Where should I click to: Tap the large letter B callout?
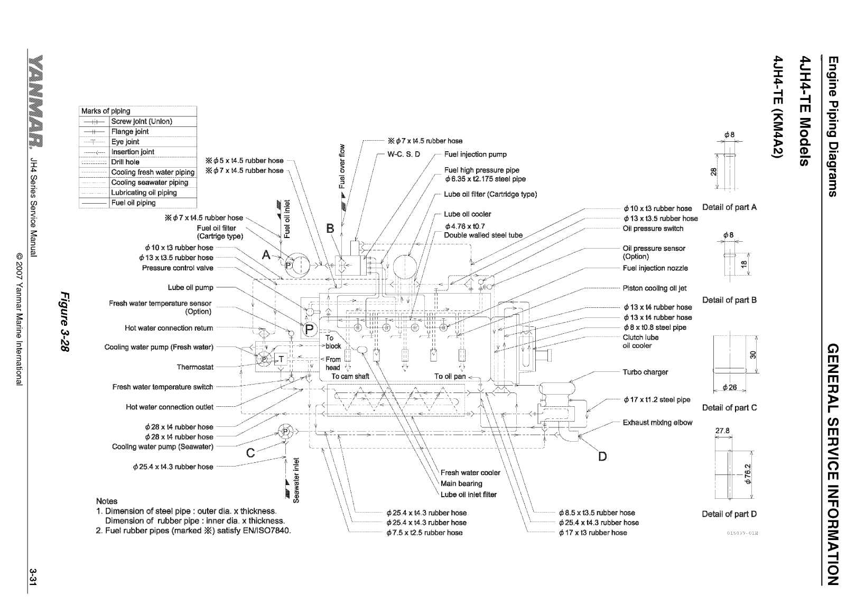(331, 229)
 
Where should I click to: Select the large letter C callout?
(251, 453)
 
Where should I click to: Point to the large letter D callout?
(602, 456)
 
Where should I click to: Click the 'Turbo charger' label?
(645, 372)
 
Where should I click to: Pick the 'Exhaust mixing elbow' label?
(657, 423)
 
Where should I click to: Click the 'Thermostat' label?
(195, 367)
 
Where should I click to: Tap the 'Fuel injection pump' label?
(475, 154)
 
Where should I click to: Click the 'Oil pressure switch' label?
(653, 229)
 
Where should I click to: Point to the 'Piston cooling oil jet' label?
(655, 288)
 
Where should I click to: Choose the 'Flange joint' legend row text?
(130, 132)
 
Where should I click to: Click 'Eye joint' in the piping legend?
(125, 142)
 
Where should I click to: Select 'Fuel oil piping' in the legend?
(133, 203)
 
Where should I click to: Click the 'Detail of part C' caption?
(729, 408)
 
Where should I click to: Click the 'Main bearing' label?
(461, 483)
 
